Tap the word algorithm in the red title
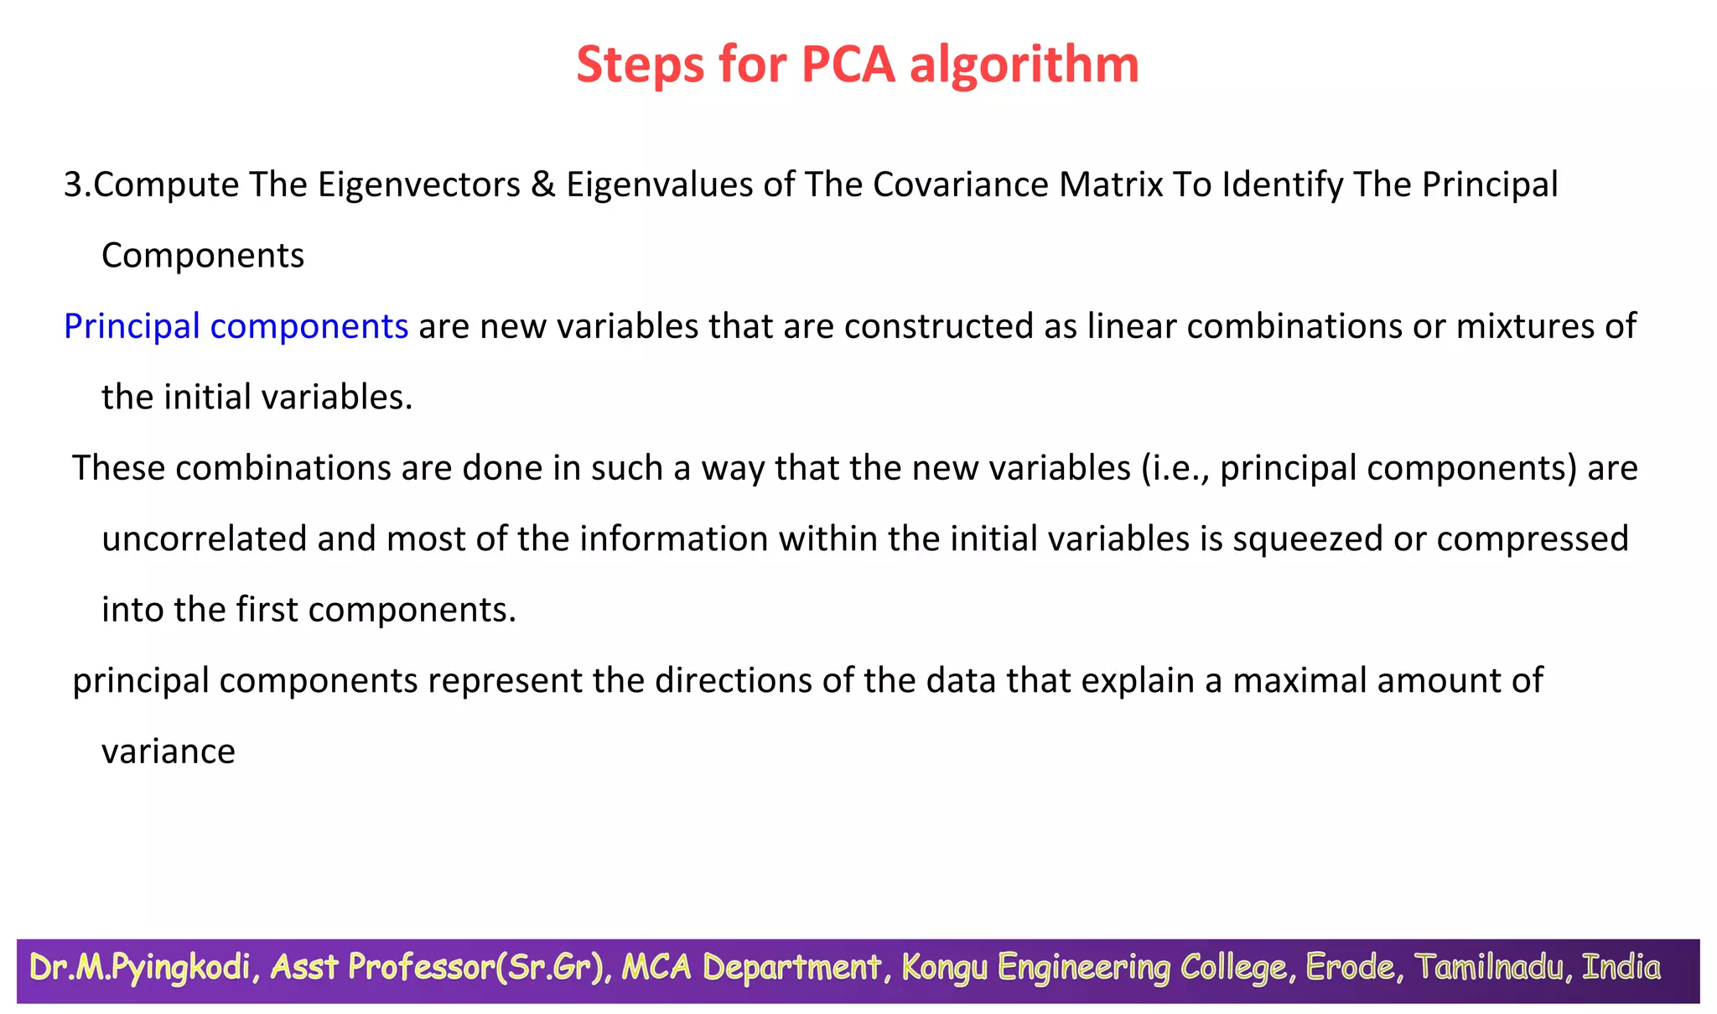[x=1024, y=65]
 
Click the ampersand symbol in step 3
[x=543, y=185]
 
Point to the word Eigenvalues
[x=659, y=185]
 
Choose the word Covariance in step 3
[x=960, y=185]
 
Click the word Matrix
[x=1111, y=185]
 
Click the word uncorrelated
[x=204, y=538]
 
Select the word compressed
[x=1532, y=538]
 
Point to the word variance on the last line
[x=168, y=751]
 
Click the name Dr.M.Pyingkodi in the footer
[x=140, y=968]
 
